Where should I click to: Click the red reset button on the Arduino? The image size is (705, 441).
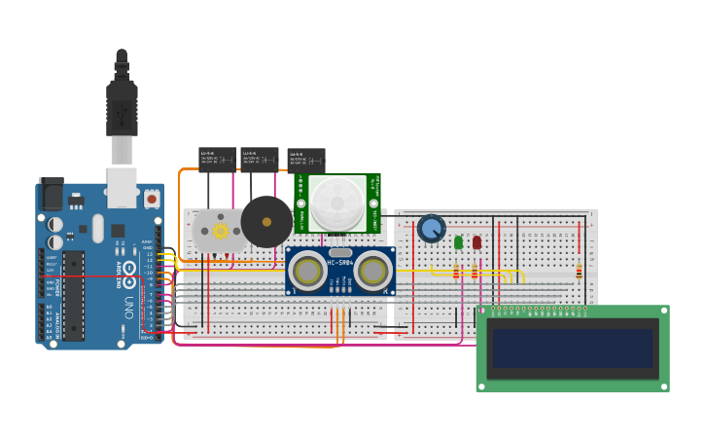(x=152, y=199)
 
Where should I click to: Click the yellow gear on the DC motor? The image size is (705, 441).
(x=220, y=231)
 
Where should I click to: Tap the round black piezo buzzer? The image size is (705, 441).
(x=266, y=222)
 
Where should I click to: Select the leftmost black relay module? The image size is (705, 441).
(x=217, y=159)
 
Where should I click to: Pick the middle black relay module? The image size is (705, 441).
(x=260, y=159)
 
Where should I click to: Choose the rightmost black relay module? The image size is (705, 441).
(x=306, y=160)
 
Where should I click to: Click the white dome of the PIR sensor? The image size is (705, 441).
(x=337, y=203)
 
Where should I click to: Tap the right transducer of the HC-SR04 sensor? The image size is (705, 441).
(x=371, y=271)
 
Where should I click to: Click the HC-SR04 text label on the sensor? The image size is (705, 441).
(x=340, y=264)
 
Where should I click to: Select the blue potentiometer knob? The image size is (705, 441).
(x=431, y=229)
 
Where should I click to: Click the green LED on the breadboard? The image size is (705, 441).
(x=458, y=242)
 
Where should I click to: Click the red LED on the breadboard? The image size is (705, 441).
(x=476, y=242)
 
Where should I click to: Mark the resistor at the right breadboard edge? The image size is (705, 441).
(x=579, y=272)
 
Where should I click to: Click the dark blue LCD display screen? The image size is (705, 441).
(x=572, y=348)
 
